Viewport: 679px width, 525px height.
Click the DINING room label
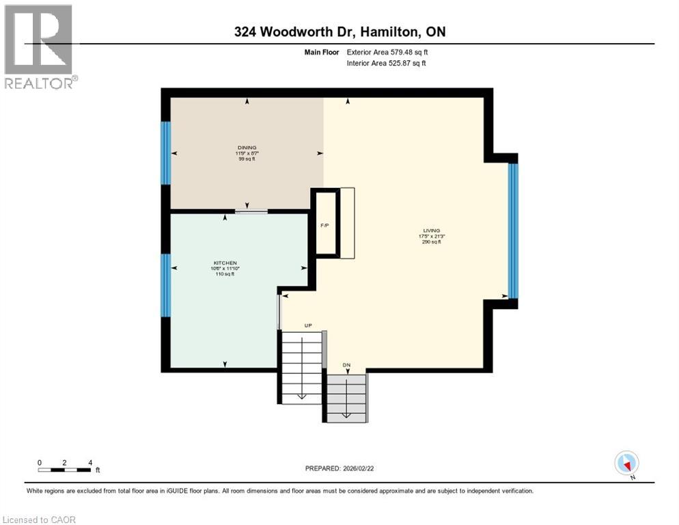247,147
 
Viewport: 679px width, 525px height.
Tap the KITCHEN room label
225,263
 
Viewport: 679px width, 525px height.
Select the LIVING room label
431,231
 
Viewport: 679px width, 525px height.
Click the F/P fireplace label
325,226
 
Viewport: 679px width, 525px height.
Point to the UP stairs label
308,325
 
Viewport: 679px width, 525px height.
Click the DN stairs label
346,365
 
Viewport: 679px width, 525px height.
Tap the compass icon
626,463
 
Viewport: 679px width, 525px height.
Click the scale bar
64,470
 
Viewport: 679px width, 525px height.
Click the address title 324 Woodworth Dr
339,32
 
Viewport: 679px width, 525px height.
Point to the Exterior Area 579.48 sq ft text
387,51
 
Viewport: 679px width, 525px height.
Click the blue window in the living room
514,231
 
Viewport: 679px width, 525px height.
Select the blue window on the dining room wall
165,152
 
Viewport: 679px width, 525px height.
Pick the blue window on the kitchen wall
165,285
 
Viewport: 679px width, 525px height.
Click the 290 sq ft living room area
431,242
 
